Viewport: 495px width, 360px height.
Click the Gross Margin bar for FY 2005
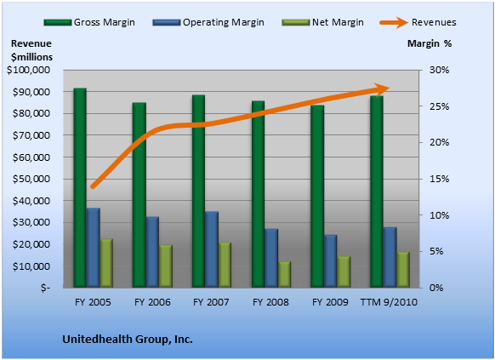[80, 188]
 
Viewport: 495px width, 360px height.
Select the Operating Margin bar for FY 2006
[152, 252]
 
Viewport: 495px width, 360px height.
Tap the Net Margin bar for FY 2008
[284, 275]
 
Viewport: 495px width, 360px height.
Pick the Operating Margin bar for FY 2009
[331, 261]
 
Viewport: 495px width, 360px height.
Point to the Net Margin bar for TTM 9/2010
[403, 270]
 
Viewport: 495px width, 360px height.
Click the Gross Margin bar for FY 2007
[198, 191]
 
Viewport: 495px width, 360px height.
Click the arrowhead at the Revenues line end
[382, 89]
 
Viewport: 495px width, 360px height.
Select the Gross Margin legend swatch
[58, 22]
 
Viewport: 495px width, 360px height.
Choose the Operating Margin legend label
[224, 22]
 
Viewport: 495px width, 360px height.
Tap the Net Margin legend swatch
[295, 22]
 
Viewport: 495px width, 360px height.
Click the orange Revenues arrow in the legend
[394, 22]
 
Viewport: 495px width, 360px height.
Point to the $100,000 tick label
[28, 70]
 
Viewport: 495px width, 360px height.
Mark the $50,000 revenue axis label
[31, 179]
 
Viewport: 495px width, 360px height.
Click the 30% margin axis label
[439, 70]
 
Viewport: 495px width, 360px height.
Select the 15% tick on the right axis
[439, 179]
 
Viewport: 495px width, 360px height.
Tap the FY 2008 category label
[270, 302]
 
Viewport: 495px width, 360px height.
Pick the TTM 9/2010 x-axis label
[389, 302]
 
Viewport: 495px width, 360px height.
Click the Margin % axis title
[430, 43]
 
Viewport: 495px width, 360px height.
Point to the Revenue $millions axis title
[31, 50]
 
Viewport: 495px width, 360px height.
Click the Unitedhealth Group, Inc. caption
[128, 340]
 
